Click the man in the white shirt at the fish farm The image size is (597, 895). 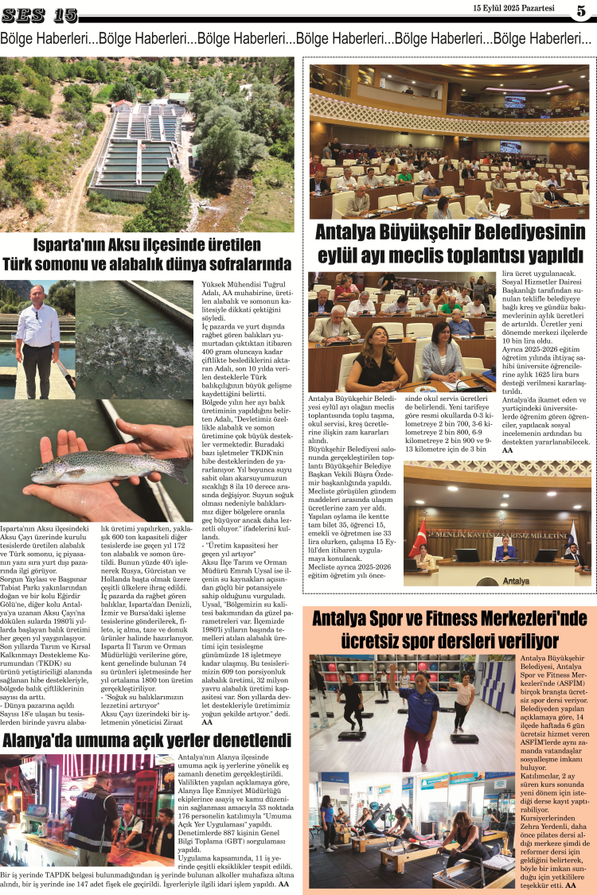click(37, 334)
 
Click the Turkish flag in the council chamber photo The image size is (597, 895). click(418, 538)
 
